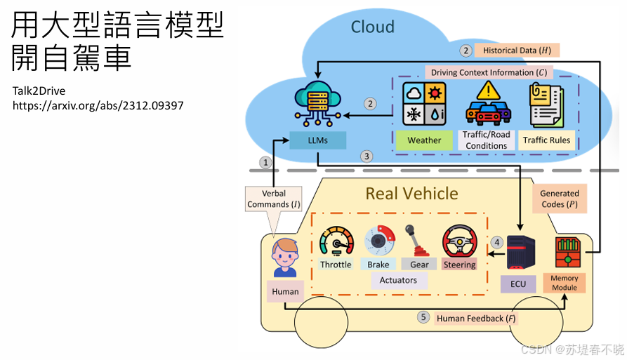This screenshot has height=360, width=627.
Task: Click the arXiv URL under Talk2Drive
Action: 98,105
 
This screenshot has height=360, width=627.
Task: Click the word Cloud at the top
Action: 373,27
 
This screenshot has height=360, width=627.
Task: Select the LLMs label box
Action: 318,140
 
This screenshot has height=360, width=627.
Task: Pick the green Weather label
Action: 424,140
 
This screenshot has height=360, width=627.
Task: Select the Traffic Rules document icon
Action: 546,105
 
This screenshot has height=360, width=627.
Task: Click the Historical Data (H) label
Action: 517,51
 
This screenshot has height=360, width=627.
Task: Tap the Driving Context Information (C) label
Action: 489,72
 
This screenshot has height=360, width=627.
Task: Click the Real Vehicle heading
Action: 411,193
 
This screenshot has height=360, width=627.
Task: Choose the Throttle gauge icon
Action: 336,242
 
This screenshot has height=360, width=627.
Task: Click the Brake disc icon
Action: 379,241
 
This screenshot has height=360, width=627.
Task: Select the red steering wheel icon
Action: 459,242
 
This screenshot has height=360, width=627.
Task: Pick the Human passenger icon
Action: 285,258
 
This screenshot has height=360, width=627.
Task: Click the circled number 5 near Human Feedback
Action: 423,317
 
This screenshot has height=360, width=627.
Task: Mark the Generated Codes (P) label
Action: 559,199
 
